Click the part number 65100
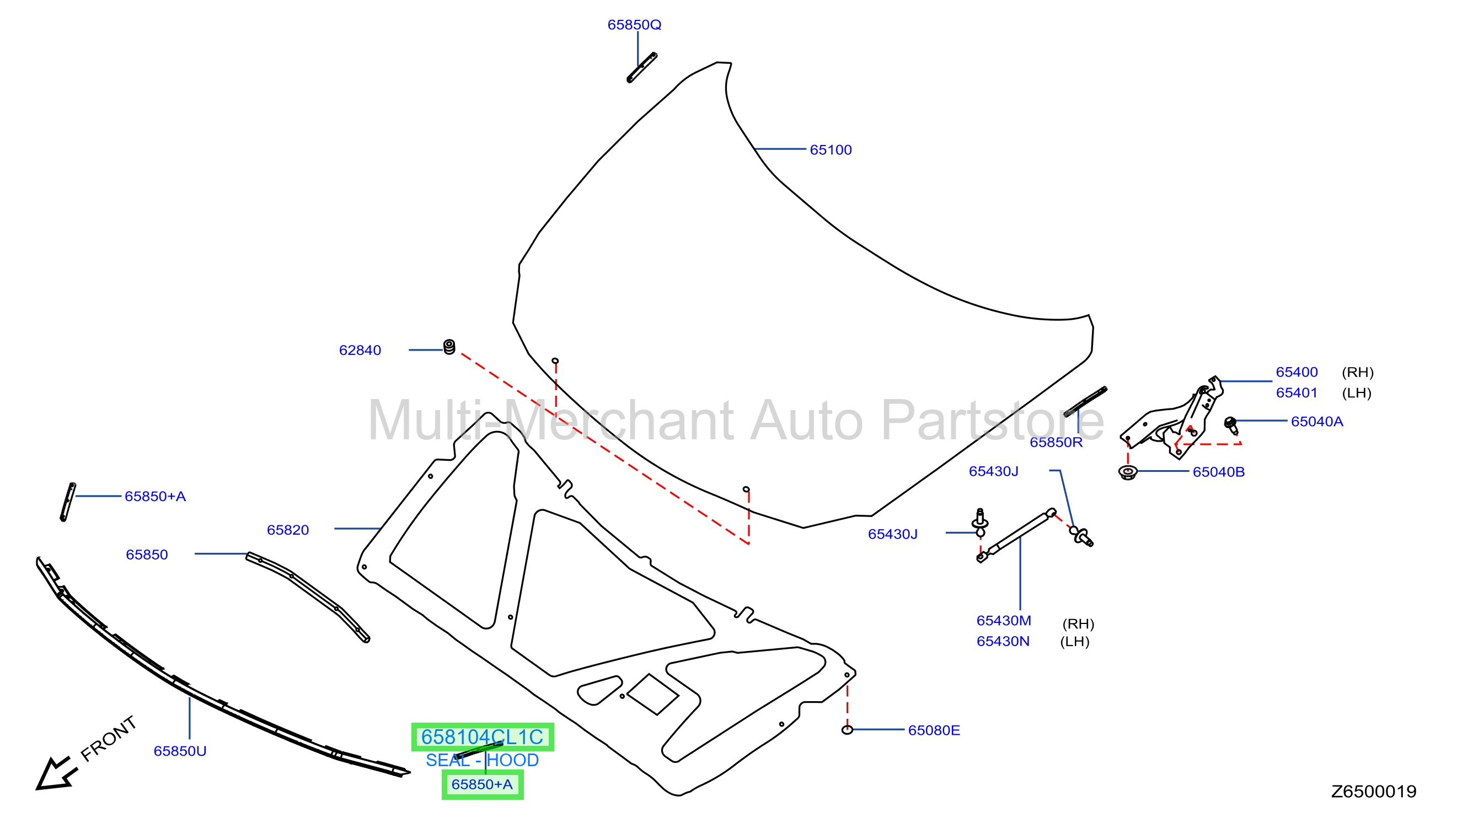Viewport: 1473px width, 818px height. click(831, 150)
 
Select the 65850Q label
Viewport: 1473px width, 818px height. click(634, 25)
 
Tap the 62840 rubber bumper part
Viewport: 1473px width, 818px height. click(449, 347)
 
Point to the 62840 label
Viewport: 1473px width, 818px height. click(360, 351)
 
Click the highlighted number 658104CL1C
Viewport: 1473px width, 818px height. click(482, 737)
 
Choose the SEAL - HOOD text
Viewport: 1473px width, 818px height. click(482, 760)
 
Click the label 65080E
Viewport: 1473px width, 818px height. click(934, 730)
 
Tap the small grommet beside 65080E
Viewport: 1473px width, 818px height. click(847, 730)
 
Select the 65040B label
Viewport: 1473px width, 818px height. click(1219, 472)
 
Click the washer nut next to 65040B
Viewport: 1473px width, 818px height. click(1127, 473)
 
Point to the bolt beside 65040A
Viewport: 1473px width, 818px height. click(1230, 426)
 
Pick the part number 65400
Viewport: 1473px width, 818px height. click(1297, 372)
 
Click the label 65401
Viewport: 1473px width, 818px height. click(1297, 392)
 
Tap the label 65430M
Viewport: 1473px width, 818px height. click(1004, 621)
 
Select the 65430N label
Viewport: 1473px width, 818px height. click(1003, 642)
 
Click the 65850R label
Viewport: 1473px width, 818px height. click(1056, 443)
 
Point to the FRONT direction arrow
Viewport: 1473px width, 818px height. click(56, 774)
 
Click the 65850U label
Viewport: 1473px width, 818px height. click(180, 751)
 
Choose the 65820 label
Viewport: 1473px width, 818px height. click(288, 530)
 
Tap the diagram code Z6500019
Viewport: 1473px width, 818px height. click(1374, 792)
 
